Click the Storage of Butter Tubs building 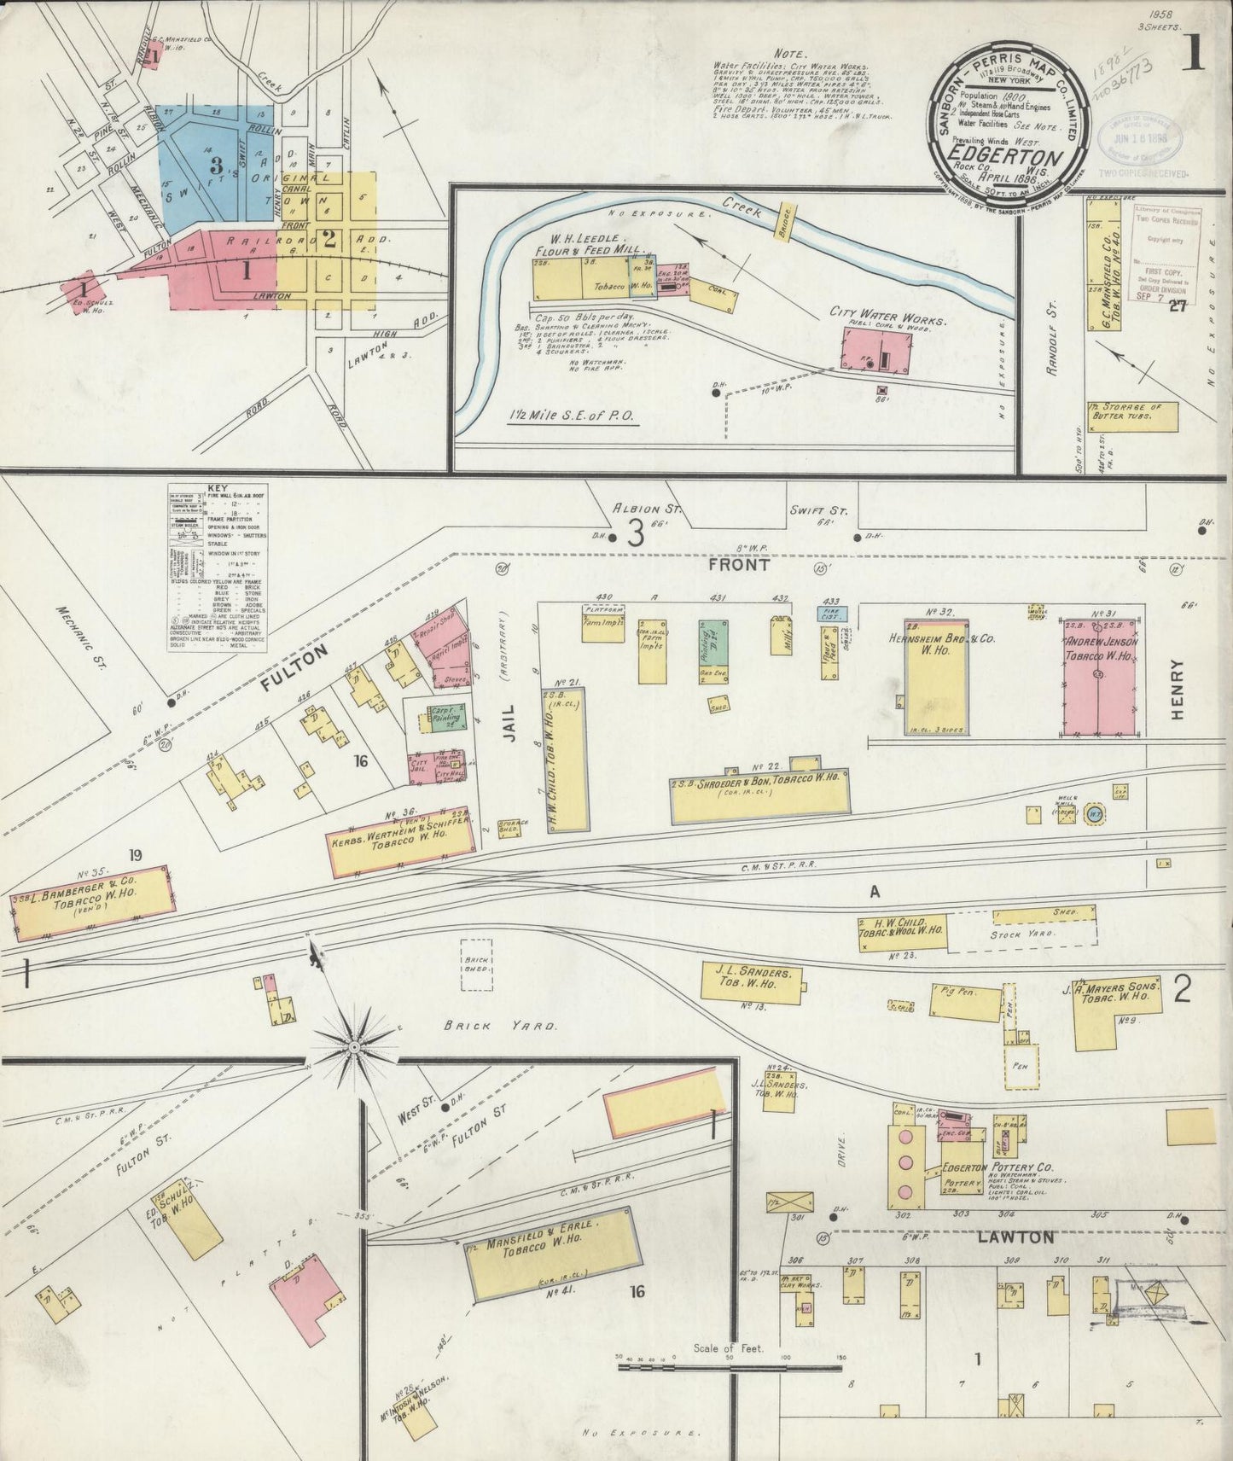pyautogui.click(x=1131, y=416)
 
